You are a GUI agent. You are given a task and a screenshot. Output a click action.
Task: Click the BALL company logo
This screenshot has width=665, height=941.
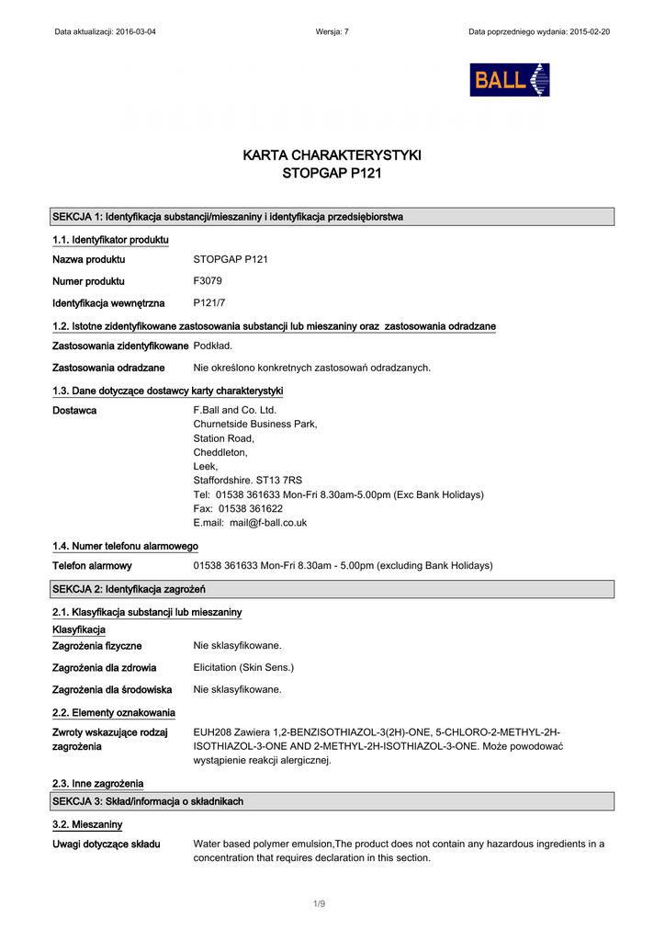(509, 80)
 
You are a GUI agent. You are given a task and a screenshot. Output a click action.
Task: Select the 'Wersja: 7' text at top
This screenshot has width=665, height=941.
(332, 31)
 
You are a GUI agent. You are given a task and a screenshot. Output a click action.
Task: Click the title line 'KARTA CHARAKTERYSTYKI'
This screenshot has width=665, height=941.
(332, 155)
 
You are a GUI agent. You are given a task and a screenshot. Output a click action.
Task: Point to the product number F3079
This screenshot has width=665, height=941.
(208, 281)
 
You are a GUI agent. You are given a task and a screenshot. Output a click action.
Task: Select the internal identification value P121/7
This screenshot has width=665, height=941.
(209, 302)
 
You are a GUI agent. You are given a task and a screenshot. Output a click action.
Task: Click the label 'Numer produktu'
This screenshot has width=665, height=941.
(88, 281)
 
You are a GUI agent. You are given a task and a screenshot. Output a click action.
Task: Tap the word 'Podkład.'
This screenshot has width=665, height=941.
(213, 346)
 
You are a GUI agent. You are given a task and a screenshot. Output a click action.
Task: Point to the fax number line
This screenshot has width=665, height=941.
(238, 508)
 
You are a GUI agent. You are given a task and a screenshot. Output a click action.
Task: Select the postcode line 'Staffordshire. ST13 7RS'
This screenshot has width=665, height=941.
(247, 480)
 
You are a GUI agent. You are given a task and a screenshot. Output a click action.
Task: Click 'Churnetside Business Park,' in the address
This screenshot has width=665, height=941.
(255, 424)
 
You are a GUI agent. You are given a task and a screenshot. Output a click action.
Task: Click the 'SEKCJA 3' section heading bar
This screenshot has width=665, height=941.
(148, 801)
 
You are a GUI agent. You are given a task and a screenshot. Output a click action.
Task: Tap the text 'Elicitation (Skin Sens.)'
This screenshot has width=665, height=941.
(243, 667)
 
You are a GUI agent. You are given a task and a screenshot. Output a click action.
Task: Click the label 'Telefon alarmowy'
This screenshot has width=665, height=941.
(92, 565)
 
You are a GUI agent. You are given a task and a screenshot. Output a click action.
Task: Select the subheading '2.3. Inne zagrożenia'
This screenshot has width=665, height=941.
(98, 784)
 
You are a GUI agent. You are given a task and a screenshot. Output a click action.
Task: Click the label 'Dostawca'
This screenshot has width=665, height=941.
(74, 410)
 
